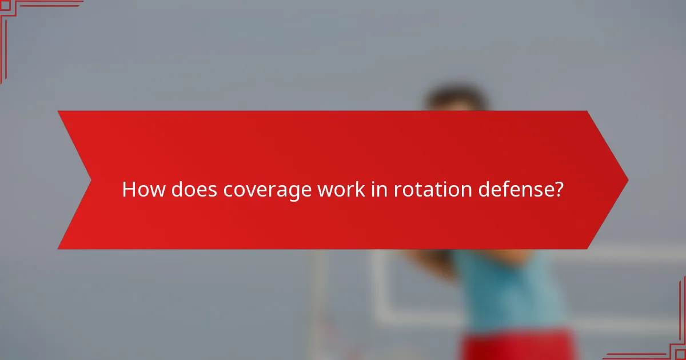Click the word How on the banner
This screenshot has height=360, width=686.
(141, 189)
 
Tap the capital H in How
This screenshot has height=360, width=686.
(129, 189)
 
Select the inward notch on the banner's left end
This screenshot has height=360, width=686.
(90, 181)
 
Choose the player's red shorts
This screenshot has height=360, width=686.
(514, 346)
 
